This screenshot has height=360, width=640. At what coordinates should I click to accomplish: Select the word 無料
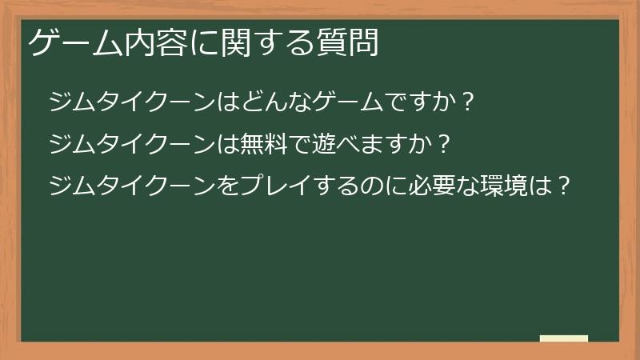tap(251, 145)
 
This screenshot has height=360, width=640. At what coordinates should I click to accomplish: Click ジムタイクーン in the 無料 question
tap(128, 145)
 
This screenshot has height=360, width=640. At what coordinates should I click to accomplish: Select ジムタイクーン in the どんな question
tap(128, 103)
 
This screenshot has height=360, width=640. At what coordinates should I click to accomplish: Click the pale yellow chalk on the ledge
tap(563, 338)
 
